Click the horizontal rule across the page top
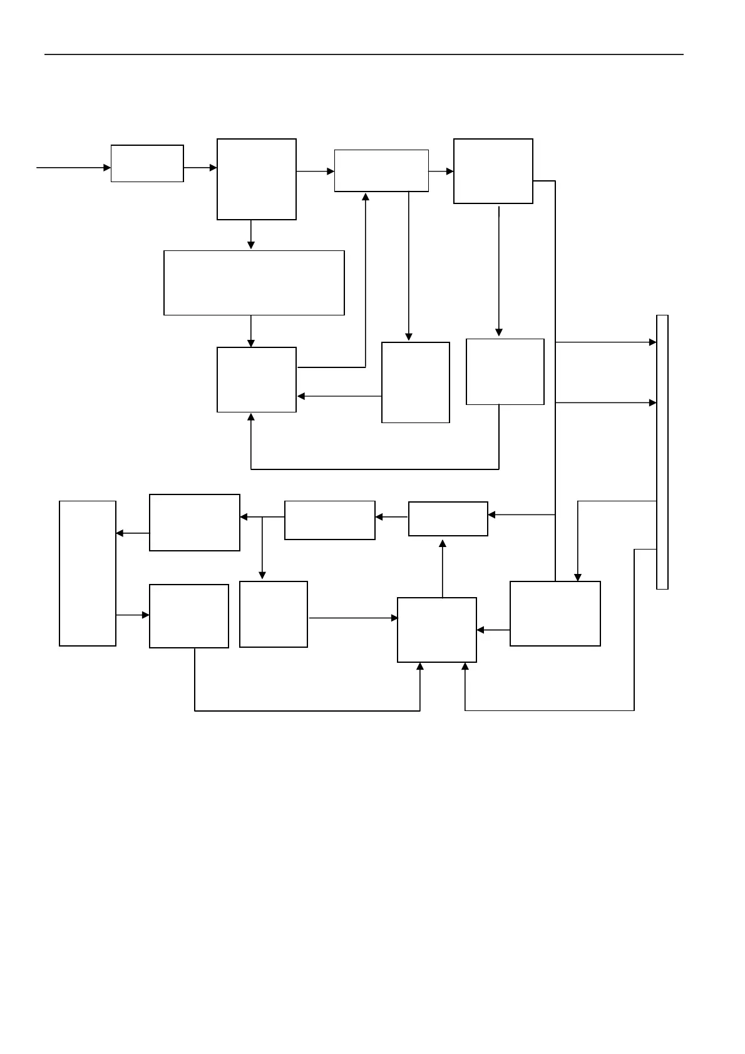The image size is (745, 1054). click(x=363, y=54)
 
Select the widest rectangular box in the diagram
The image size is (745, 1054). click(x=254, y=283)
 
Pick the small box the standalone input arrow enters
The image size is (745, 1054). click(x=147, y=163)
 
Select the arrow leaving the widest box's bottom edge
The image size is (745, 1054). click(x=251, y=331)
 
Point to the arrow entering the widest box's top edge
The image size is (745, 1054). click(x=251, y=235)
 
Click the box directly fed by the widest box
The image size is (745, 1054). click(x=256, y=379)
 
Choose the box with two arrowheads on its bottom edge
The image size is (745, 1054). click(x=436, y=630)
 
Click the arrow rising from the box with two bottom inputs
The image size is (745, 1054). click(x=443, y=568)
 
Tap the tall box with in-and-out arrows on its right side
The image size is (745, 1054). click(x=88, y=573)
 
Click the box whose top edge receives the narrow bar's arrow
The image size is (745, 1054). click(x=555, y=613)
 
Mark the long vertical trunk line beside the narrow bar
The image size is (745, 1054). click(x=555, y=376)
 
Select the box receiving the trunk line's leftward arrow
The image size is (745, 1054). click(x=448, y=519)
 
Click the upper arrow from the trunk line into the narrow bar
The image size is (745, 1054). click(x=605, y=342)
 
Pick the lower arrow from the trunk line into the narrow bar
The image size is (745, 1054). click(x=605, y=403)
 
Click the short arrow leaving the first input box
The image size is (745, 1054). click(x=200, y=168)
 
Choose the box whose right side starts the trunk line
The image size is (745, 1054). click(x=493, y=171)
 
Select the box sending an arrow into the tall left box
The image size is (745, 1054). click(x=194, y=523)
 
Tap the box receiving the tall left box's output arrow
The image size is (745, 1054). click(x=188, y=616)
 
